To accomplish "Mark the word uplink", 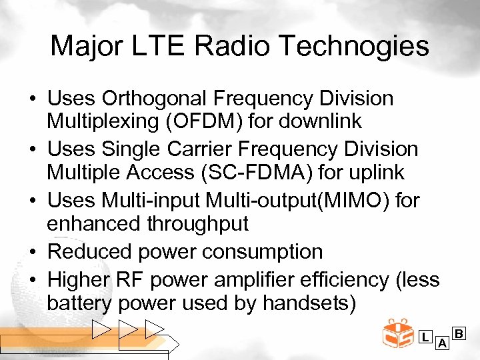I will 373,172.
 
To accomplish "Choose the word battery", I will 79,303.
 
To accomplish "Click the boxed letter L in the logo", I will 425,337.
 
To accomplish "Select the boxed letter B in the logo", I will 459,331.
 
